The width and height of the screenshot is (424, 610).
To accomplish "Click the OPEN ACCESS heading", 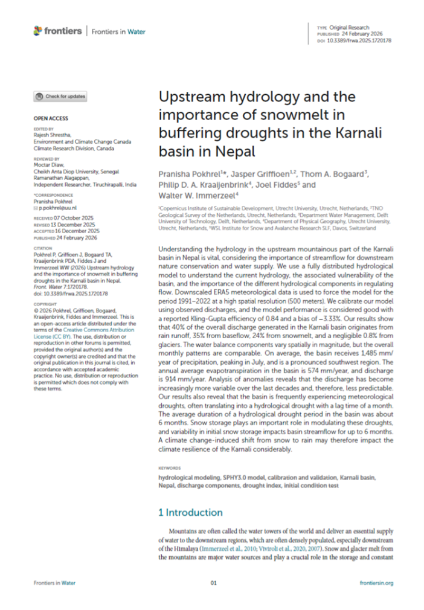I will coord(51,118).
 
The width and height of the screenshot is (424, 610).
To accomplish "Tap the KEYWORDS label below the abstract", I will coord(169,467).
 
